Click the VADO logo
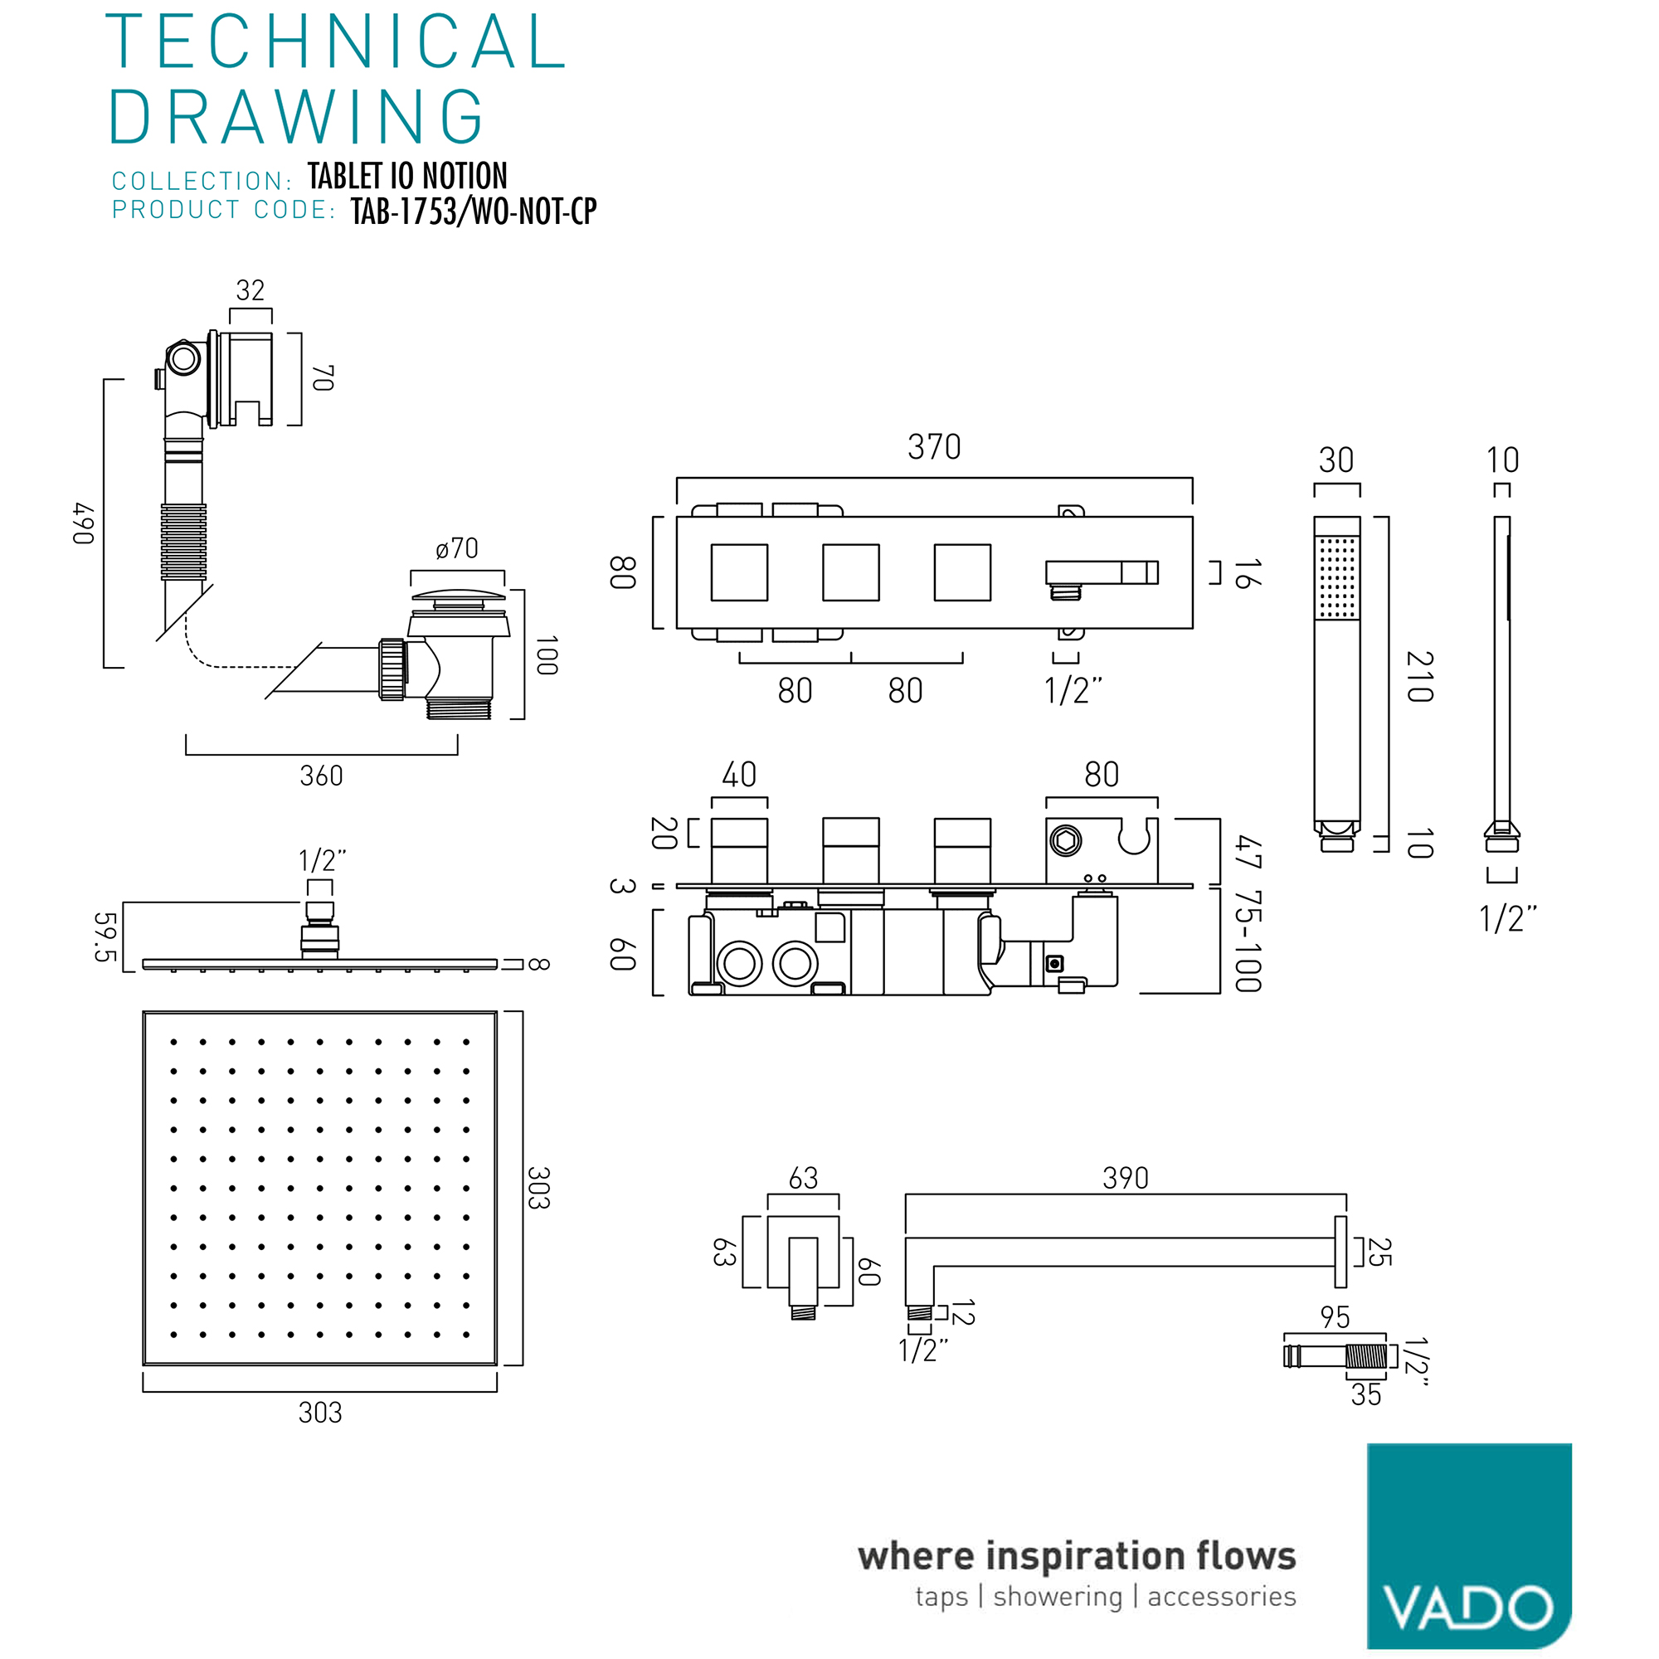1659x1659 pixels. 1469,1545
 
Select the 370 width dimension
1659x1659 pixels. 934,447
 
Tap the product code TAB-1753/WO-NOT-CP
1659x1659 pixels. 474,212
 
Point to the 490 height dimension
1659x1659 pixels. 83,523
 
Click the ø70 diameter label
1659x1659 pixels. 457,547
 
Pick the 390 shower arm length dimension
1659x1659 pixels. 1126,1178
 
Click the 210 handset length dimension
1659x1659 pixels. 1419,677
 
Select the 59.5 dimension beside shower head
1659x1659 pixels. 104,937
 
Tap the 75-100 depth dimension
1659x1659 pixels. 1248,941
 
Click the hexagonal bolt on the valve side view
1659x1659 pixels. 1066,840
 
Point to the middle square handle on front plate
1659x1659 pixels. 851,572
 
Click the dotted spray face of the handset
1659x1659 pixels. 1337,577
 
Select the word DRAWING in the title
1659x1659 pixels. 296,117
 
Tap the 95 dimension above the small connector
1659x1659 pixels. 1335,1317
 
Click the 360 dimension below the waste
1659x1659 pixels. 321,776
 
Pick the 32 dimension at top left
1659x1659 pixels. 250,290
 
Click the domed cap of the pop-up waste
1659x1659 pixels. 458,595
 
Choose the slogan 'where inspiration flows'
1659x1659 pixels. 1077,1556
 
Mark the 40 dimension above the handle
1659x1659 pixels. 738,775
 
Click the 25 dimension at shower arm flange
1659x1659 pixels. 1379,1252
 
